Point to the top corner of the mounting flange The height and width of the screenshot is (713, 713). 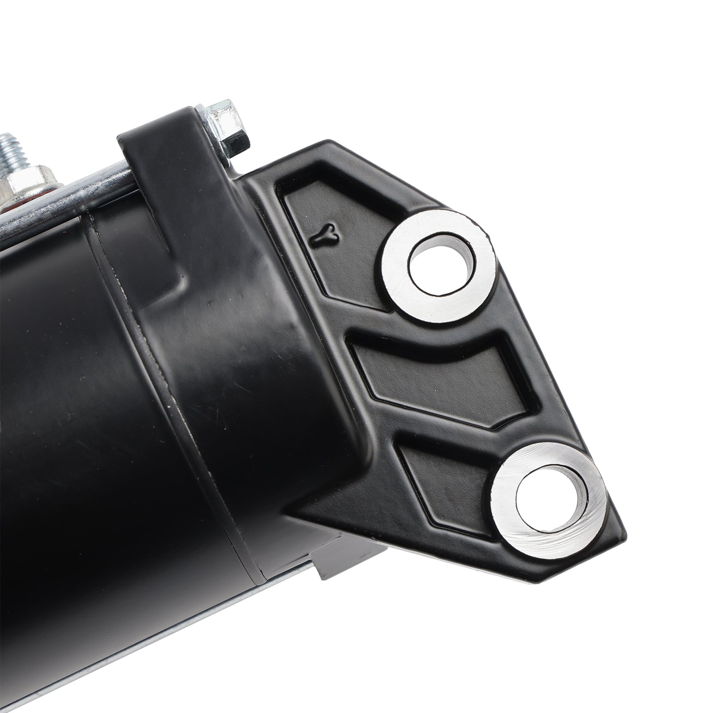coord(330,145)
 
